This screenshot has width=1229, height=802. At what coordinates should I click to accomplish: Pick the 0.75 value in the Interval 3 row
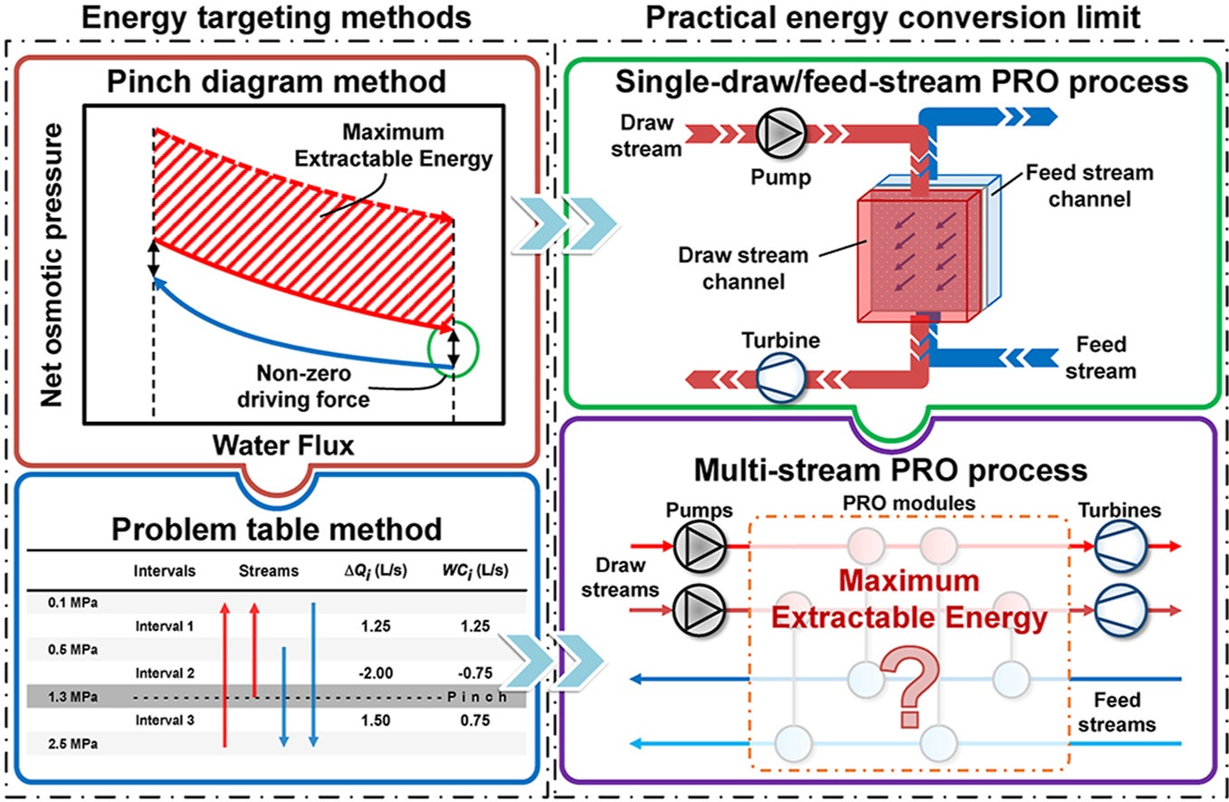476,721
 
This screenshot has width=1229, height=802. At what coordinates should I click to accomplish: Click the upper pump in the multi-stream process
695,547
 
